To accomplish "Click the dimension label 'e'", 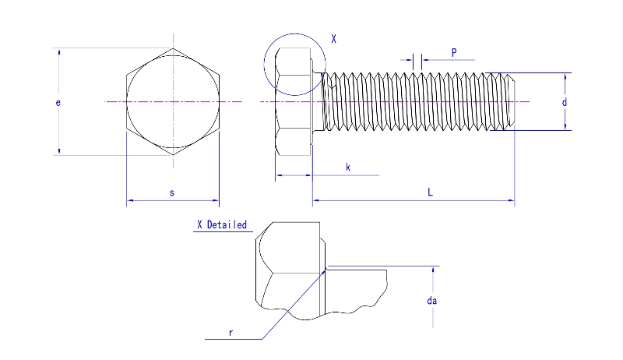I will [58, 102].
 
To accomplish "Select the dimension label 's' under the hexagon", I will [171, 192].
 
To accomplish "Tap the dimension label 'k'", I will [347, 167].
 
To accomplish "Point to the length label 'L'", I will [430, 192].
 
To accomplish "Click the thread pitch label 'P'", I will [453, 52].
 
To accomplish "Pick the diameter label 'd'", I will [564, 102].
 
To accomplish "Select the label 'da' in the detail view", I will [432, 301].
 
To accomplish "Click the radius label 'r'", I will [231, 332].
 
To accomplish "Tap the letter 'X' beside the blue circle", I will [333, 38].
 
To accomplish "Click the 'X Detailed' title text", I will [222, 225].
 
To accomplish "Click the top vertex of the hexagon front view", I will [173, 48].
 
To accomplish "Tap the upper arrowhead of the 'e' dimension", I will [58, 51].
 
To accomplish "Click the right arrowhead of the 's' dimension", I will [216, 201].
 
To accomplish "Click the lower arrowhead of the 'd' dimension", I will [564, 126].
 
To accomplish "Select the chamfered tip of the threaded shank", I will [512, 101].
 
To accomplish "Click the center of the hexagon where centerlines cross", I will [173, 102].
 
